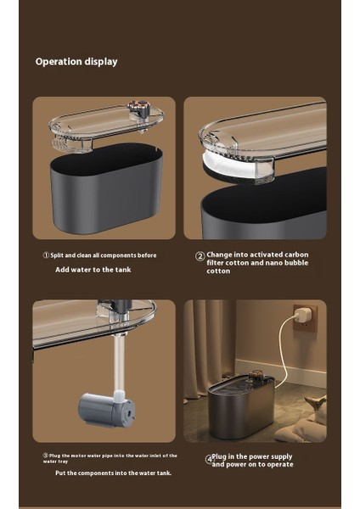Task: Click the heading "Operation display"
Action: click(76, 62)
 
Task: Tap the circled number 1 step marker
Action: click(46, 255)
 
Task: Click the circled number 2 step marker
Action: click(200, 256)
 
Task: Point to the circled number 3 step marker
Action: click(46, 456)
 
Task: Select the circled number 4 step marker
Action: click(209, 460)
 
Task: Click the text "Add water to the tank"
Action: click(93, 270)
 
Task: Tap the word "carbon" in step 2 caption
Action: click(296, 255)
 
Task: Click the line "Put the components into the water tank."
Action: click(114, 473)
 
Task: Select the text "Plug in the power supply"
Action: click(252, 456)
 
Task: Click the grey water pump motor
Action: click(107, 410)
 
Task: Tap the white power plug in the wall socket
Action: click(303, 314)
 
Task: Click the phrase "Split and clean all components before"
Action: click(104, 255)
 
